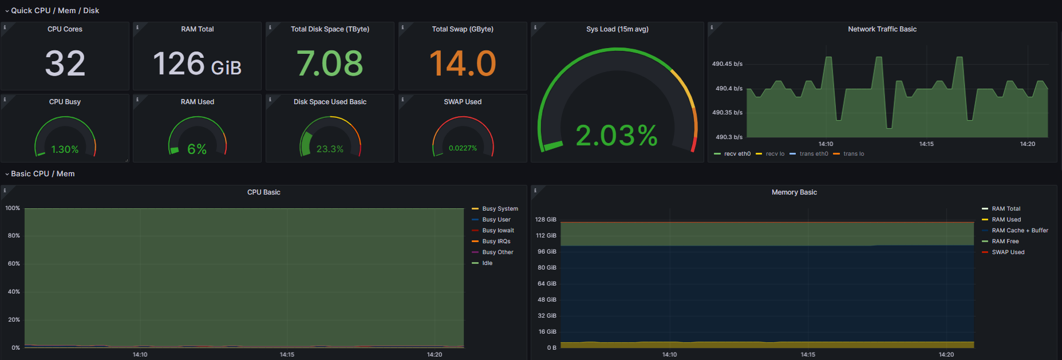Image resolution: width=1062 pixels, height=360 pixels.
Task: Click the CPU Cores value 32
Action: pyautogui.click(x=65, y=63)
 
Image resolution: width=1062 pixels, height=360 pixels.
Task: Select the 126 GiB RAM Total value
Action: pyautogui.click(x=197, y=64)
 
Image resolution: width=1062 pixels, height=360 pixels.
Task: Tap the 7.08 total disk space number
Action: pyautogui.click(x=330, y=63)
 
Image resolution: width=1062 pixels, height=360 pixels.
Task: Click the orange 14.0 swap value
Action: pyautogui.click(x=463, y=63)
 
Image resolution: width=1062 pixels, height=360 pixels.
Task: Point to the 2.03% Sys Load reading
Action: pyautogui.click(x=617, y=136)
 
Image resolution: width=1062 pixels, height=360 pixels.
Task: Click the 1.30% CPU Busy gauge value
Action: pyautogui.click(x=65, y=149)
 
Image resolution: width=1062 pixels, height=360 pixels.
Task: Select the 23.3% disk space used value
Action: pyautogui.click(x=330, y=149)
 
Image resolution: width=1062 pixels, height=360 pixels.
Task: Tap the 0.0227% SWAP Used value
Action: pyautogui.click(x=463, y=148)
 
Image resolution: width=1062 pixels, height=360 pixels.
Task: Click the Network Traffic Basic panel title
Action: pyautogui.click(x=882, y=29)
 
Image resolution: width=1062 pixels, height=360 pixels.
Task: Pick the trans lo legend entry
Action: pyautogui.click(x=853, y=154)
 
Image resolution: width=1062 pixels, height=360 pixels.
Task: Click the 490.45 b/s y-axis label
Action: pyautogui.click(x=727, y=64)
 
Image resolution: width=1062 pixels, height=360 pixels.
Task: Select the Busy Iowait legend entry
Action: pyautogui.click(x=498, y=231)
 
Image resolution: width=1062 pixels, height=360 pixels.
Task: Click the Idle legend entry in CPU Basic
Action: pyautogui.click(x=487, y=263)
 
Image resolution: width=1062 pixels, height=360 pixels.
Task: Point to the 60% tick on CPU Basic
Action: pyautogui.click(x=14, y=264)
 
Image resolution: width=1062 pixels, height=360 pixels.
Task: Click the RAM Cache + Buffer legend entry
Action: pyautogui.click(x=1020, y=231)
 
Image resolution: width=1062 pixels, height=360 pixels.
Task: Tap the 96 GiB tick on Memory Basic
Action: pyautogui.click(x=547, y=252)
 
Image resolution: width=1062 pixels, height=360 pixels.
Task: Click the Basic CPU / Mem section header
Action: pyautogui.click(x=42, y=174)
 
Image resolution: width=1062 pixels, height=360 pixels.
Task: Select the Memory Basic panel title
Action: pyautogui.click(x=793, y=192)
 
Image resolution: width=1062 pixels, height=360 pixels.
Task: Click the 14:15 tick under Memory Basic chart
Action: pyautogui.click(x=808, y=355)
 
